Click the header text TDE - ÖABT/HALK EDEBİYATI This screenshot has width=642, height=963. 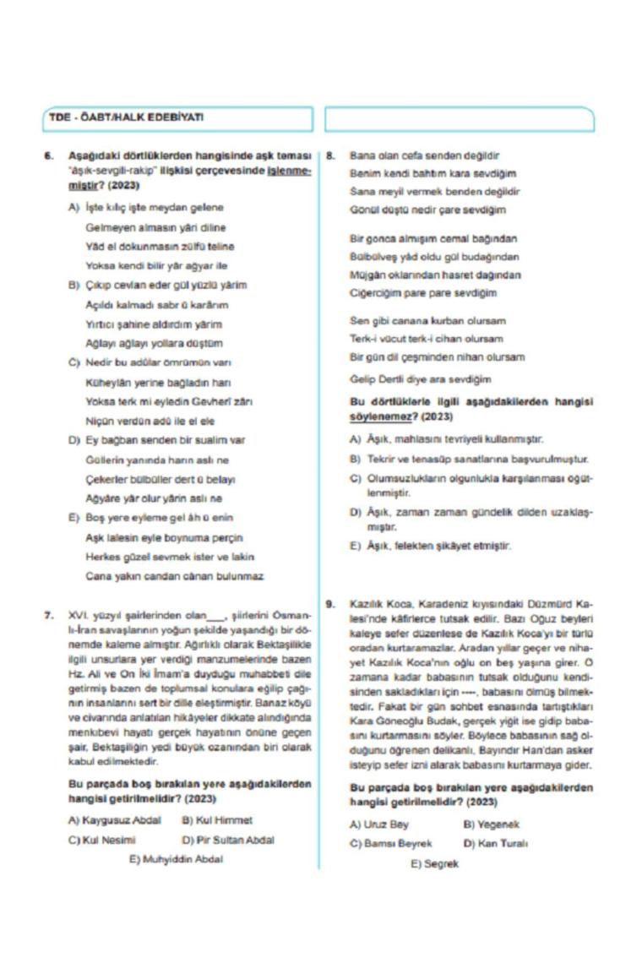pos(125,118)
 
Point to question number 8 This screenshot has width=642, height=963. pos(331,156)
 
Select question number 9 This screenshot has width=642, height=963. pos(331,604)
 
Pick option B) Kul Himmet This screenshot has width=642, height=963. pos(217,820)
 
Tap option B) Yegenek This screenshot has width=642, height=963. pos(492,824)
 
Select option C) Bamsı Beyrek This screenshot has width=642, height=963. pos(390,844)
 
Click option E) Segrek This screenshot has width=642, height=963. pos(434,864)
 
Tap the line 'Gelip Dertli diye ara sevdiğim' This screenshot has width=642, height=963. pos(420,380)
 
